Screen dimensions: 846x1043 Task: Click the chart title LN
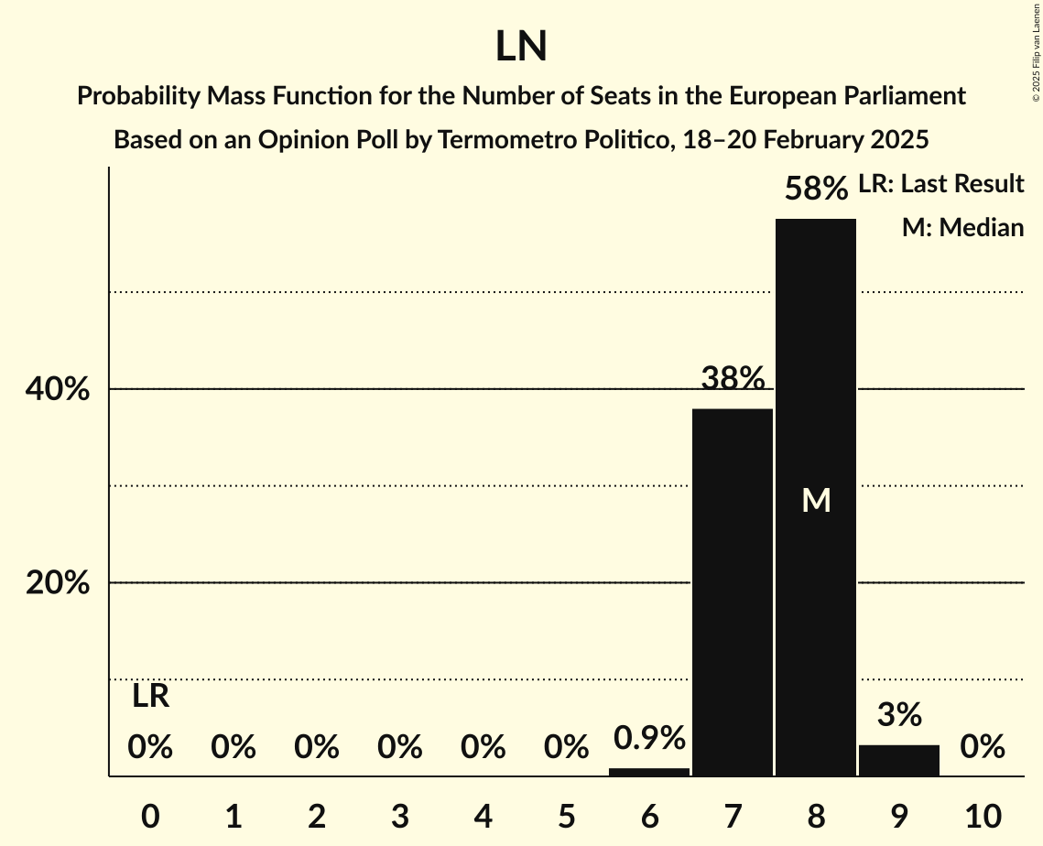(x=521, y=47)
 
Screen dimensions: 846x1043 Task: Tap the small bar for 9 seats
(x=899, y=761)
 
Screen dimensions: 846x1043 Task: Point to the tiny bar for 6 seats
(x=649, y=772)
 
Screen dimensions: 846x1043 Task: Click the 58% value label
(x=816, y=190)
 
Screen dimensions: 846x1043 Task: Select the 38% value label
(x=733, y=378)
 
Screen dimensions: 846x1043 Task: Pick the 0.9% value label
(x=649, y=738)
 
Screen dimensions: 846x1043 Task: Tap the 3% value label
(x=899, y=715)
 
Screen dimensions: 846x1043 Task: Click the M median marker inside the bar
(x=816, y=500)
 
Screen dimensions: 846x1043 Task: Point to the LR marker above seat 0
(x=150, y=697)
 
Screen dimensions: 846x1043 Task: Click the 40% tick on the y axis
(x=58, y=390)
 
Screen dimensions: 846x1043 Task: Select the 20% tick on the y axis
(x=58, y=583)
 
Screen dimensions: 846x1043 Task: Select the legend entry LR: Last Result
(x=940, y=184)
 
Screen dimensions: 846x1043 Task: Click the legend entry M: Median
(x=962, y=228)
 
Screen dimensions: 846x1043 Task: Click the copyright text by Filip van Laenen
(x=1036, y=50)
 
